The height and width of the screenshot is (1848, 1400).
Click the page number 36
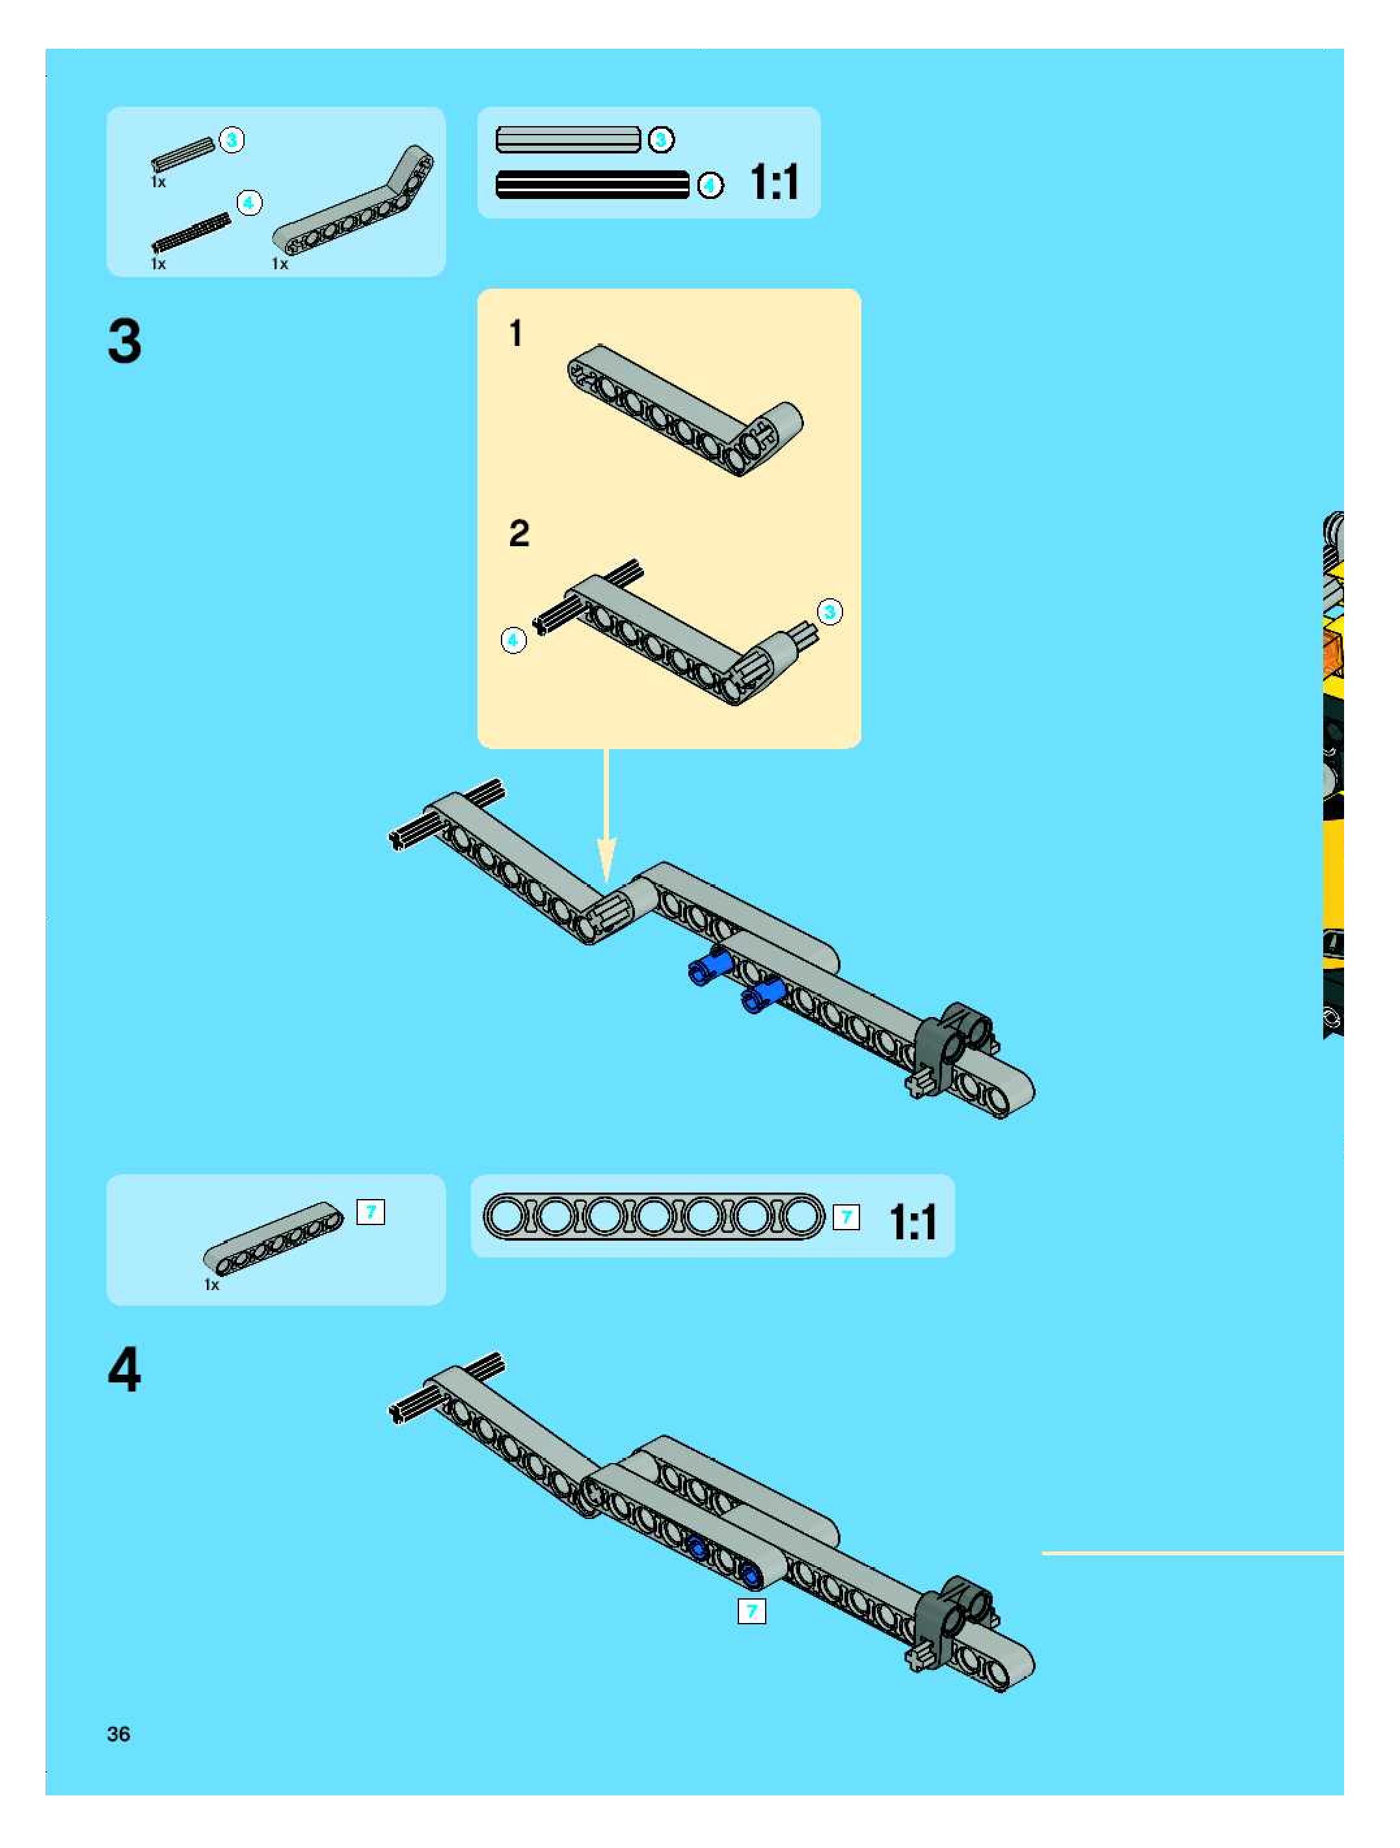click(x=118, y=1734)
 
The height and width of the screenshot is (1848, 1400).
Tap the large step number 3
click(x=124, y=341)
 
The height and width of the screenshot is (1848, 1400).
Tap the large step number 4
click(x=124, y=1369)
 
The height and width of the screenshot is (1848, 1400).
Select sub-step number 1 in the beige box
click(x=516, y=334)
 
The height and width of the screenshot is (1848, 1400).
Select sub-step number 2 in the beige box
click(x=519, y=533)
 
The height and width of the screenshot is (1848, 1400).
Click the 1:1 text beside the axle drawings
click(x=774, y=182)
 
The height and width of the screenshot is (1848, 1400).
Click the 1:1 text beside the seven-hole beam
click(x=913, y=1222)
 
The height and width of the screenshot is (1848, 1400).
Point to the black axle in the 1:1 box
click(x=593, y=185)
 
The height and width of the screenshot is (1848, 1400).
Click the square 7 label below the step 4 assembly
click(x=751, y=1611)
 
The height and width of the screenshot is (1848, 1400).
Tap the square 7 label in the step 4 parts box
click(x=370, y=1211)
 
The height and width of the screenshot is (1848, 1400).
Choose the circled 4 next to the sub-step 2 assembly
click(x=513, y=640)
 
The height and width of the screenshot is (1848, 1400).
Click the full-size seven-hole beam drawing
click(x=654, y=1217)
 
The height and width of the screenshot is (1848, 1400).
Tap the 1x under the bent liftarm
click(x=280, y=264)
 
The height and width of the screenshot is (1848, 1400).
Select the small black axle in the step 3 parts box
click(x=191, y=232)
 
